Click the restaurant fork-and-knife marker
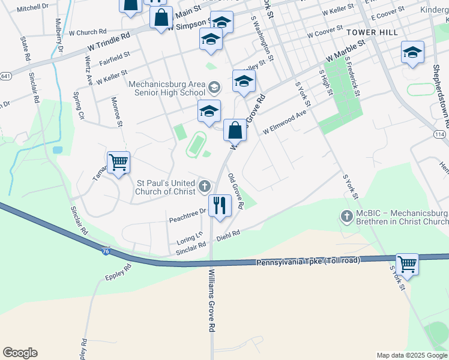tap(220, 205)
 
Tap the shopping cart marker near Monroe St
tap(118, 162)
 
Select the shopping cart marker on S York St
tap(407, 263)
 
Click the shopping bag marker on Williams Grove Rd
tap(235, 130)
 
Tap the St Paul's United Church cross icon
tap(205, 185)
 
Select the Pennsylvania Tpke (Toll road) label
tap(308, 262)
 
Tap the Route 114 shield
tap(439, 134)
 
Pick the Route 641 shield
tap(5, 76)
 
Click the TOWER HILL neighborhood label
tap(372, 32)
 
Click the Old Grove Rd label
tap(235, 191)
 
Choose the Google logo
tap(20, 353)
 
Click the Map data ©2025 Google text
tap(411, 355)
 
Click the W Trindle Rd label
tap(108, 40)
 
